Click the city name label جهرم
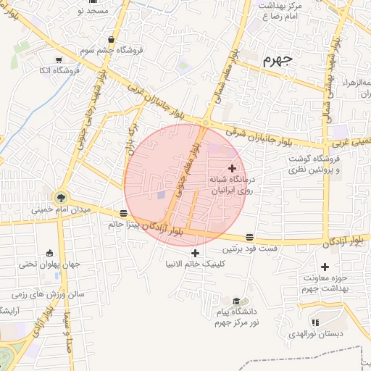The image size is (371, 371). (278, 59)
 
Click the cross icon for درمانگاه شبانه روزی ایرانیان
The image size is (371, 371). (232, 168)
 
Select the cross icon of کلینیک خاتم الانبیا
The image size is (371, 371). (195, 253)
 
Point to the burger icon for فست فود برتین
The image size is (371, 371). (249, 237)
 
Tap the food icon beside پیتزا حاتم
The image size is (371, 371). (123, 213)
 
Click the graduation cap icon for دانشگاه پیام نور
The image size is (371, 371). (236, 301)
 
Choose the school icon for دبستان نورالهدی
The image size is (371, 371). (314, 322)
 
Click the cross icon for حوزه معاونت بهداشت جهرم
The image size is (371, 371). (325, 267)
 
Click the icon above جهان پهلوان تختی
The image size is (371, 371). (49, 253)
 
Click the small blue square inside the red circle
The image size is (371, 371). (162, 195)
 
